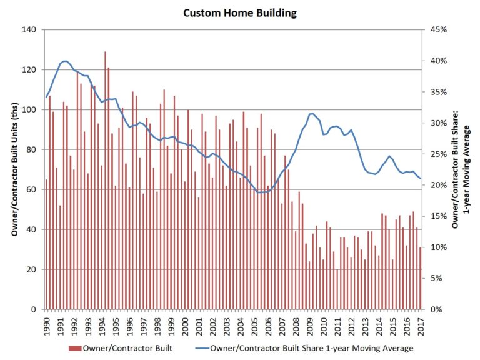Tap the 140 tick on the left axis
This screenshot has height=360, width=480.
click(30, 29)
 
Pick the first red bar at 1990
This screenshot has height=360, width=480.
click(46, 244)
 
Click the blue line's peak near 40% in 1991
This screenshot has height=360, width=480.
click(65, 61)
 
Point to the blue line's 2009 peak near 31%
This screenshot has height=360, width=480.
click(311, 114)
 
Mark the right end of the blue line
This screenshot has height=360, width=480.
click(420, 178)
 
